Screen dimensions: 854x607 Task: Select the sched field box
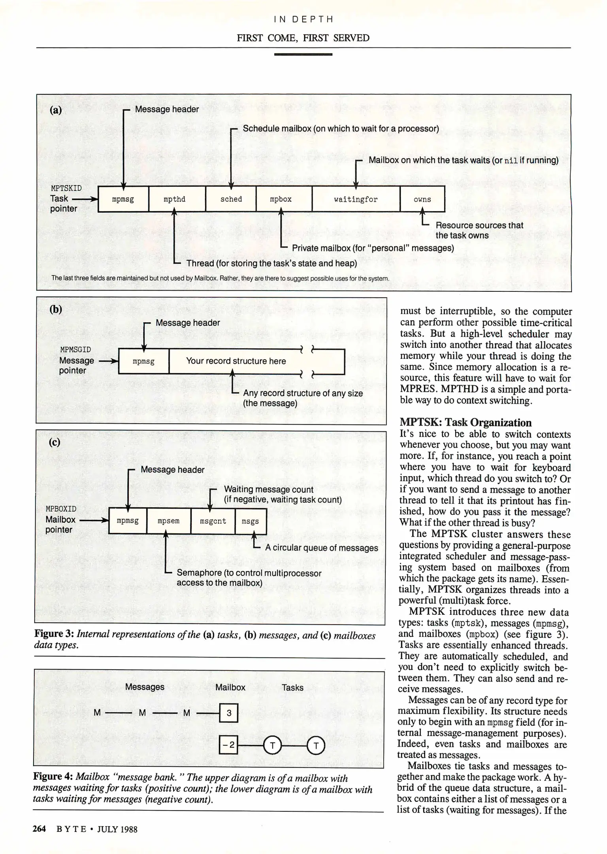coord(231,199)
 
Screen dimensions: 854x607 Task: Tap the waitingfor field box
coord(356,199)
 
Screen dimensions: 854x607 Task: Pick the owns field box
coord(422,199)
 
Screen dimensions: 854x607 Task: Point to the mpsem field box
coord(169,521)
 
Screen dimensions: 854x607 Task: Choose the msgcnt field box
coord(213,521)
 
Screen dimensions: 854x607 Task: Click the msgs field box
coord(251,521)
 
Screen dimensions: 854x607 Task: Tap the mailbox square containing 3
coord(229,713)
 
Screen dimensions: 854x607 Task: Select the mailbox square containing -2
coord(229,746)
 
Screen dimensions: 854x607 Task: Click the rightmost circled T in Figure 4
coord(316,746)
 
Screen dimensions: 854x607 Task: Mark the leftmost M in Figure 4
coord(97,713)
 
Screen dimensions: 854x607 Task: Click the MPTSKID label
coord(66,188)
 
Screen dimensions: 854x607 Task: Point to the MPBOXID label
coord(61,509)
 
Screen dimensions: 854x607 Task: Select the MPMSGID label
coord(75,350)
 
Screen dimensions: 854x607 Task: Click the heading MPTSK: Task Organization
coord(466,423)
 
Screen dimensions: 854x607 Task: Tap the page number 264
coord(40,829)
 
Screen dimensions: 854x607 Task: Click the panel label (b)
coord(56,309)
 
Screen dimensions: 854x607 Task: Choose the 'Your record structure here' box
coord(236,361)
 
